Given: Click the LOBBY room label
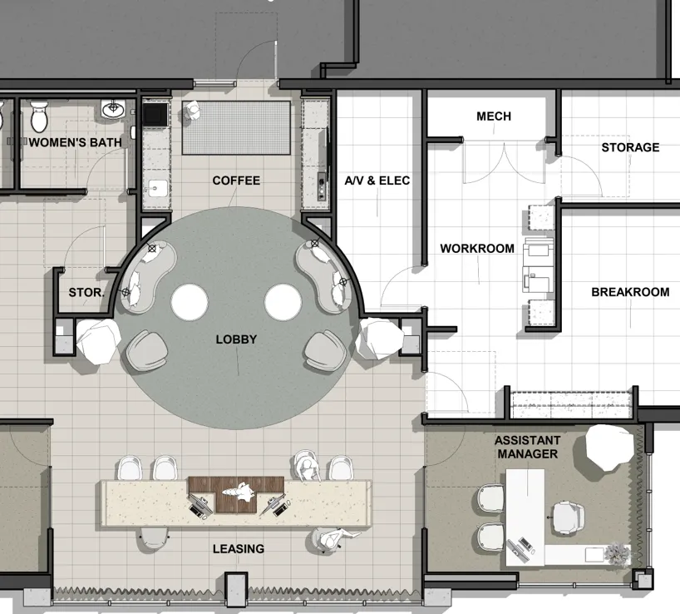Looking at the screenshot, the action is point(236,339).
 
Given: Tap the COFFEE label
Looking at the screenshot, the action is point(236,181).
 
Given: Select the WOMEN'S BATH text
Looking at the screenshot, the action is point(76,142).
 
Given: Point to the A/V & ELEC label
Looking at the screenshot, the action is point(377,181).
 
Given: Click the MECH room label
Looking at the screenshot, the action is point(494,116).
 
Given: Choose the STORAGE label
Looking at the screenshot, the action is point(631,147).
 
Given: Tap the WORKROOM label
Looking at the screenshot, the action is point(477,249).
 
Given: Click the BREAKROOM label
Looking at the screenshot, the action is point(631,292).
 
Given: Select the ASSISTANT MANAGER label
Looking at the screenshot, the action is point(527,448).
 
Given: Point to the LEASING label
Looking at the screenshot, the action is point(239,549).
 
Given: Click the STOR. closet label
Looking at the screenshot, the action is point(86,293).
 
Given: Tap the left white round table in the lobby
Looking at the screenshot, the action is point(190,303).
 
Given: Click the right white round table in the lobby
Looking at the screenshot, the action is point(283,303).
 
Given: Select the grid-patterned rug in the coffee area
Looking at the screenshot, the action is point(236,127).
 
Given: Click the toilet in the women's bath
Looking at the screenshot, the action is point(39,116).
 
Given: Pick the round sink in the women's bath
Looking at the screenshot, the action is point(113,108).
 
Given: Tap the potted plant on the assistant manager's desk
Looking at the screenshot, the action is point(617,553).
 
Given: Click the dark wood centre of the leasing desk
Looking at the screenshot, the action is point(236,494).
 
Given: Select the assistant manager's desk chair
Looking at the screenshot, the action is point(569,518).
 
